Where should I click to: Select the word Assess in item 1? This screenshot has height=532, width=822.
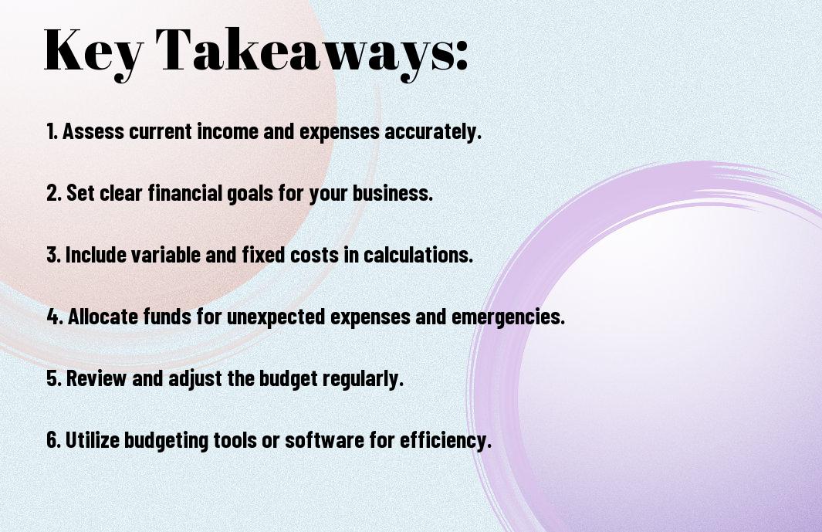click(93, 131)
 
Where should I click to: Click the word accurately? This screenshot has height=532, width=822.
click(432, 132)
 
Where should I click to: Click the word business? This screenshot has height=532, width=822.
click(392, 193)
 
